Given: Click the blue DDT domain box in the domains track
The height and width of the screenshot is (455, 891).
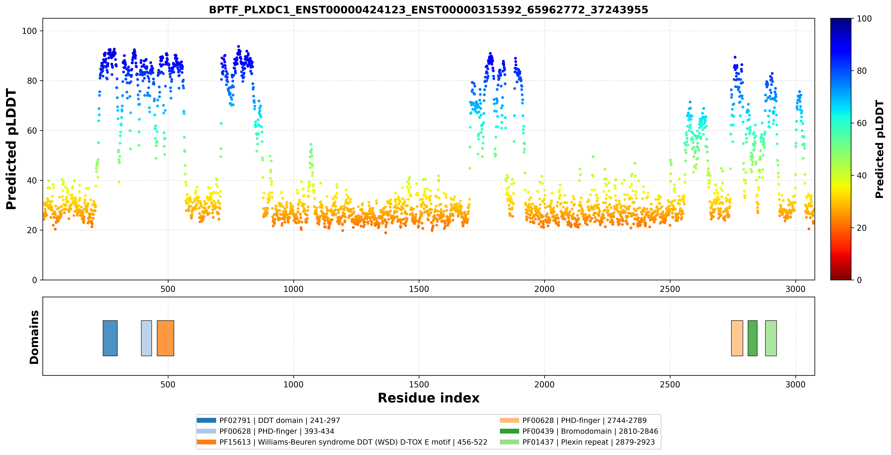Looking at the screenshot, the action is pos(110,338).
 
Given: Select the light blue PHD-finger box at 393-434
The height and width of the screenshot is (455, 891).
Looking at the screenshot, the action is pos(146,338).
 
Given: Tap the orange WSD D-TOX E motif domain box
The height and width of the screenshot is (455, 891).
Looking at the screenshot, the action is pos(165,338).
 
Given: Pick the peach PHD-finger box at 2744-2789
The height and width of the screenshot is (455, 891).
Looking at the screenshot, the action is pos(737,338).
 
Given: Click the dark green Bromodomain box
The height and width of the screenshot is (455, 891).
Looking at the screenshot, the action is pos(752,338).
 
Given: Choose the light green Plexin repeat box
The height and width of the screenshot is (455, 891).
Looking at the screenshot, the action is pos(771,338).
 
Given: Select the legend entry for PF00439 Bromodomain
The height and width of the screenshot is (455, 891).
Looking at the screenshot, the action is pos(579,431).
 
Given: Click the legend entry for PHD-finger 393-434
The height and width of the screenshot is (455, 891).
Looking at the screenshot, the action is pos(265,431).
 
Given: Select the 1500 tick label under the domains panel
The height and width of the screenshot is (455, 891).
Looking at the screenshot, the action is pos(419,384).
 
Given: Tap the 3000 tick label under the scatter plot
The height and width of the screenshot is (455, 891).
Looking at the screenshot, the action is pos(796,289).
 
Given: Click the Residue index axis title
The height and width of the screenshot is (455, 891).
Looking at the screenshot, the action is pos(429,398).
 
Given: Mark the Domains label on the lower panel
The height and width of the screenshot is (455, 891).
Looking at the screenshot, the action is pos(34,337).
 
